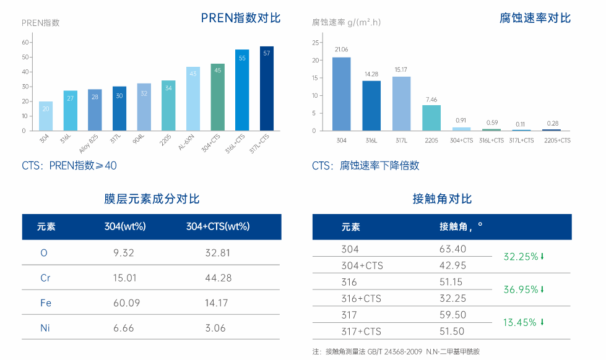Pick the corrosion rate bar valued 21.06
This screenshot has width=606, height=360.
tap(341, 93)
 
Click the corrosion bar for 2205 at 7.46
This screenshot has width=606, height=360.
tap(431, 118)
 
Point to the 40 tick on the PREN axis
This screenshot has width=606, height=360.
tap(25, 72)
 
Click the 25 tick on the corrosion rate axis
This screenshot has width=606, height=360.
tap(315, 43)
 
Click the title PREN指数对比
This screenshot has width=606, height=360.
tap(241, 18)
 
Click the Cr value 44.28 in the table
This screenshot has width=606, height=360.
tap(218, 278)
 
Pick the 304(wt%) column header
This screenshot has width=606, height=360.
tap(125, 226)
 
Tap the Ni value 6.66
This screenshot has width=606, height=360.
tap(124, 328)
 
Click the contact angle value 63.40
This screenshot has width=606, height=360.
tap(452, 249)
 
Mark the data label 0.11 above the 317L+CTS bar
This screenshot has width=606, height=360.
tap(521, 124)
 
